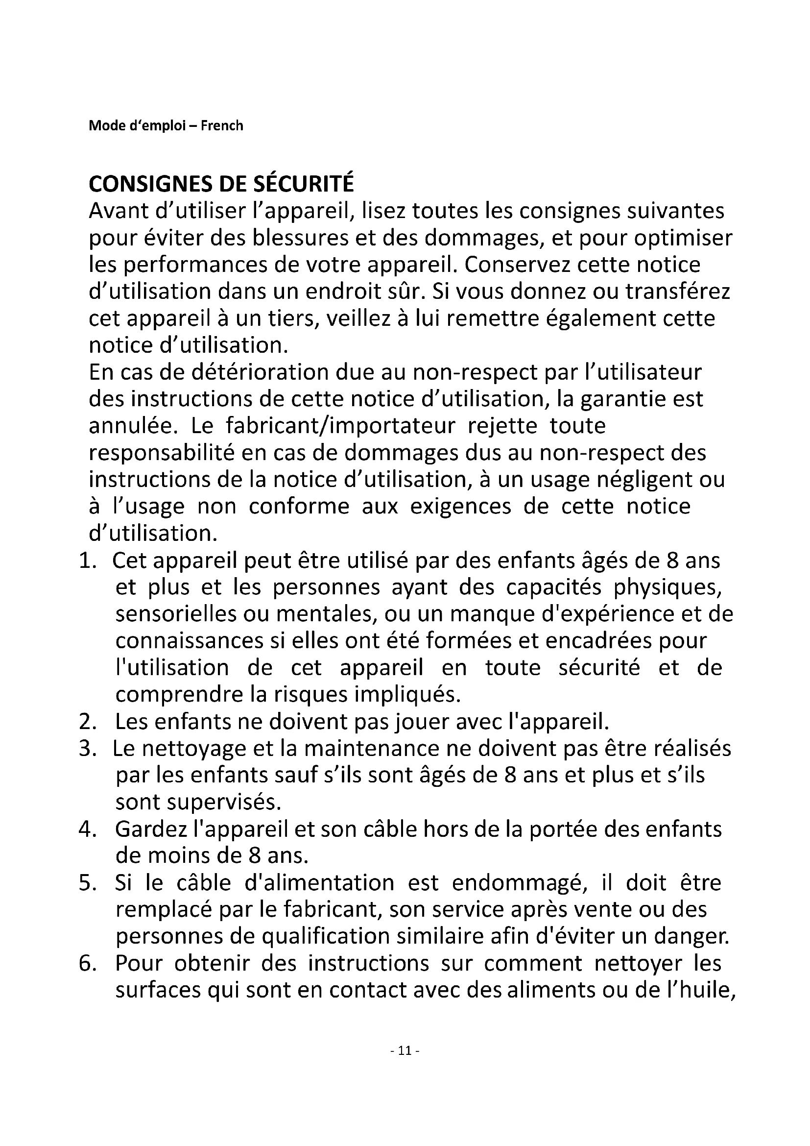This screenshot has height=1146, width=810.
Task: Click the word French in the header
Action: point(221,126)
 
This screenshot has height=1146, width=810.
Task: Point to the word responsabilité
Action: point(162,453)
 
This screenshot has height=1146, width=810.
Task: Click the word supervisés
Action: point(198,803)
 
